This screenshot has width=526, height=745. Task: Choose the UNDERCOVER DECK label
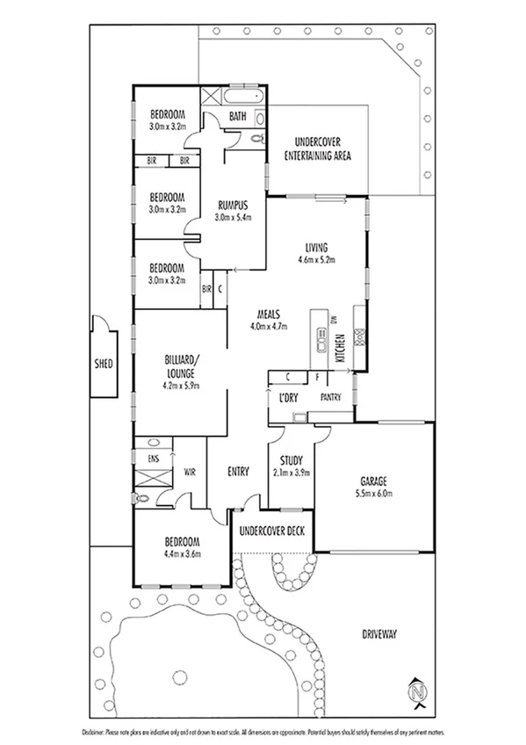(271, 530)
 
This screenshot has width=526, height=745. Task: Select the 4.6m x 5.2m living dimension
(317, 259)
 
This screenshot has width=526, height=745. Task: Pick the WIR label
(190, 472)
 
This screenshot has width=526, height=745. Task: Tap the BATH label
(237, 115)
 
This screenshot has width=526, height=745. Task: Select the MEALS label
(268, 314)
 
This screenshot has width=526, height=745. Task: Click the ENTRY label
(238, 472)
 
